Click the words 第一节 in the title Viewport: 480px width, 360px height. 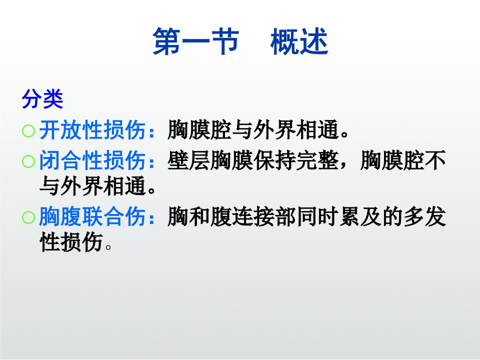[x=195, y=41]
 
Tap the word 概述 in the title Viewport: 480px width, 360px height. [x=299, y=41]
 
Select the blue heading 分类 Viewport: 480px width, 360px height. [x=42, y=98]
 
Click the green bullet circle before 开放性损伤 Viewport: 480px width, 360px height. [x=28, y=131]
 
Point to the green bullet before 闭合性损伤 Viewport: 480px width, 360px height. [x=28, y=161]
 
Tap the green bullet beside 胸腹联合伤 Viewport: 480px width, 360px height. [x=28, y=217]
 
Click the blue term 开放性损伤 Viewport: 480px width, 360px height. [x=92, y=130]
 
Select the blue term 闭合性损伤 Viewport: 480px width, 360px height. [x=92, y=160]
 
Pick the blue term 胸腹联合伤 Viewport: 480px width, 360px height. [x=92, y=216]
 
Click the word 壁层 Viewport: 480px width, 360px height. [x=189, y=160]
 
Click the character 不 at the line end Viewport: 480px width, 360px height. [x=435, y=160]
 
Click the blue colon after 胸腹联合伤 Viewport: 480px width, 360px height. [x=151, y=217]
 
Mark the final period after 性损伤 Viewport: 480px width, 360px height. [x=108, y=246]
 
